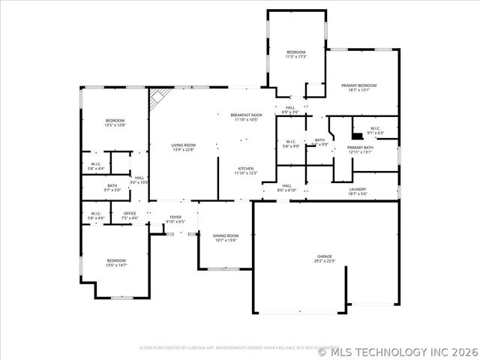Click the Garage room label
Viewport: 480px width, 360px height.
click(324, 259)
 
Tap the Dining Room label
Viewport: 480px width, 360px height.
click(226, 238)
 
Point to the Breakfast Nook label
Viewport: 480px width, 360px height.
click(245, 117)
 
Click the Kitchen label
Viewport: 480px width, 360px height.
click(246, 171)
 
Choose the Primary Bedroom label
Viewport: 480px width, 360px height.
click(358, 88)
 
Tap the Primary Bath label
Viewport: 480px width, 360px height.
click(359, 150)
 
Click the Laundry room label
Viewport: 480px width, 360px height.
click(358, 191)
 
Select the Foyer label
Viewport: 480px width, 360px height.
click(175, 220)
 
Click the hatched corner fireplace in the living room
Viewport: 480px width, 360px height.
click(157, 98)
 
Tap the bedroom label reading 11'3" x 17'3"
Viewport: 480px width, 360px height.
click(296, 55)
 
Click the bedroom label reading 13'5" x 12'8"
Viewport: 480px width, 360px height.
click(115, 123)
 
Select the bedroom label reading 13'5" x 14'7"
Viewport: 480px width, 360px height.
click(116, 262)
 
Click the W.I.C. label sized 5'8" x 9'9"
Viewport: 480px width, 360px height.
click(291, 144)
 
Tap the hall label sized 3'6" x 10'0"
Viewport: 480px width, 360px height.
click(139, 180)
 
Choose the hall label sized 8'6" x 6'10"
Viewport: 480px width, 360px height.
click(286, 188)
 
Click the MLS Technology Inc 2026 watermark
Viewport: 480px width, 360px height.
click(397, 350)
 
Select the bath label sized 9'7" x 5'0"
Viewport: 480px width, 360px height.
click(112, 187)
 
